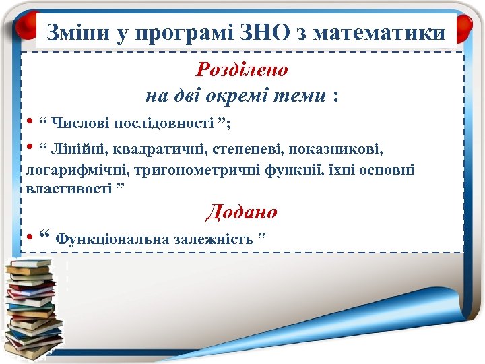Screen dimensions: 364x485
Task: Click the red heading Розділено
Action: (x=242, y=69)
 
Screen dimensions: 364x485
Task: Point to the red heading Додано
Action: (x=242, y=212)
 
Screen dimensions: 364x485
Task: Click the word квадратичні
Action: (x=154, y=148)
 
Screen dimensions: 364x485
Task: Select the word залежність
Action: (x=213, y=239)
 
